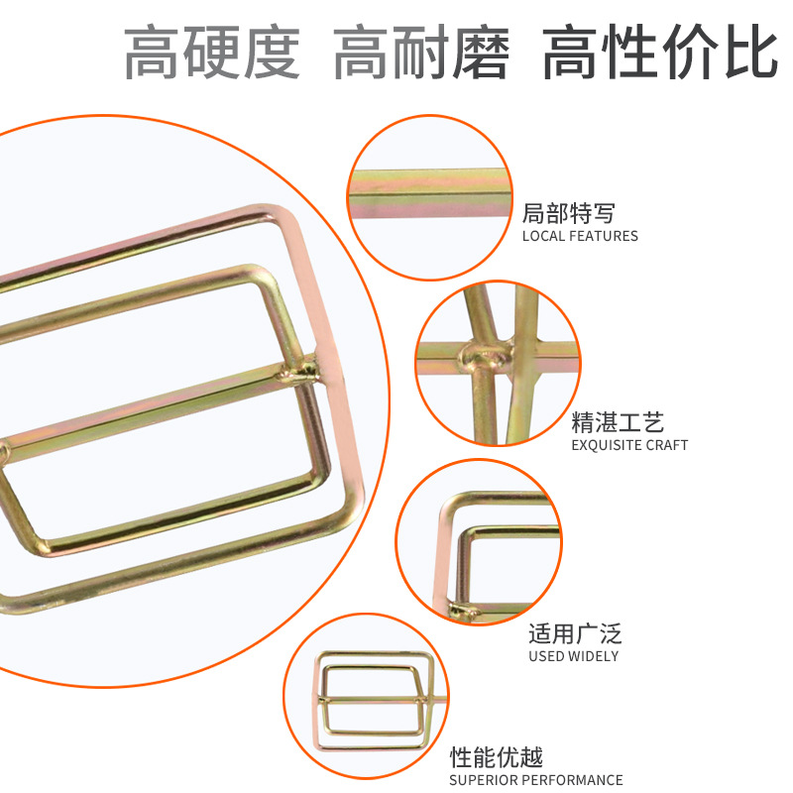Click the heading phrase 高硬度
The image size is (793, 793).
click(x=212, y=53)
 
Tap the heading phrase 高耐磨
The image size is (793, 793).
click(x=421, y=53)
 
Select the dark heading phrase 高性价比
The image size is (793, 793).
click(x=660, y=52)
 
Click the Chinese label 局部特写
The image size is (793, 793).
click(x=568, y=213)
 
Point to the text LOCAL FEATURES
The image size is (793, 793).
click(x=580, y=236)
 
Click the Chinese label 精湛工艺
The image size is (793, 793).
click(x=618, y=422)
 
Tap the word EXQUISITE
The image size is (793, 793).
click(x=601, y=445)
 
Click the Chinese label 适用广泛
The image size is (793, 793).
click(x=575, y=633)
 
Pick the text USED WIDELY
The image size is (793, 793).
click(x=574, y=656)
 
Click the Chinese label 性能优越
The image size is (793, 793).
click(x=497, y=757)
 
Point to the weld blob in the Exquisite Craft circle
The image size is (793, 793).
click(x=484, y=356)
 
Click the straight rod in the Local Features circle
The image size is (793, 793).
click(x=430, y=193)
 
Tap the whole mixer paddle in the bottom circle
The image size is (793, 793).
click(x=377, y=701)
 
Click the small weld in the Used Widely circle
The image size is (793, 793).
click(x=463, y=612)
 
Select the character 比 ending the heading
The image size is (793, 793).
click(x=751, y=52)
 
